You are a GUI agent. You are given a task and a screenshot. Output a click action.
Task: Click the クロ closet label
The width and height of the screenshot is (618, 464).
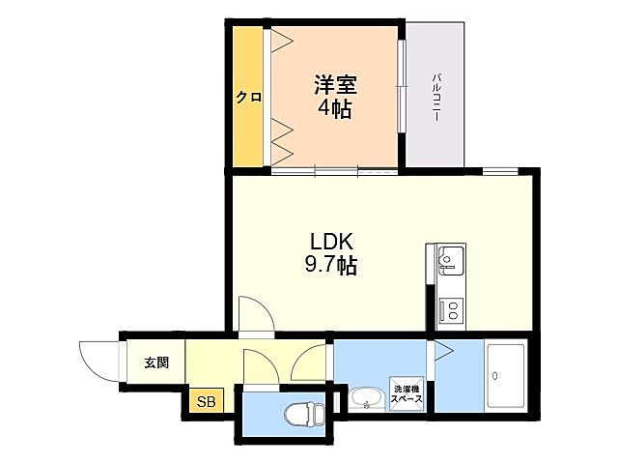click(250, 97)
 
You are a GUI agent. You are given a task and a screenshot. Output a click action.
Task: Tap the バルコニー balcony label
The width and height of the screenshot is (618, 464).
click(436, 97)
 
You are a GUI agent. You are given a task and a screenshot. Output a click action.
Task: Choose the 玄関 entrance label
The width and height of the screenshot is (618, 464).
click(156, 363)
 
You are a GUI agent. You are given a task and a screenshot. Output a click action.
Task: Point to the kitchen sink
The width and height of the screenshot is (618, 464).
click(450, 259)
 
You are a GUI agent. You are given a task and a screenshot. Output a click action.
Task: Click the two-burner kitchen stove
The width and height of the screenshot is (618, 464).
click(450, 309)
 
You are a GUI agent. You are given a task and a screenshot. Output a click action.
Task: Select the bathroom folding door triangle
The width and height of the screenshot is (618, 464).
click(442, 352)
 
